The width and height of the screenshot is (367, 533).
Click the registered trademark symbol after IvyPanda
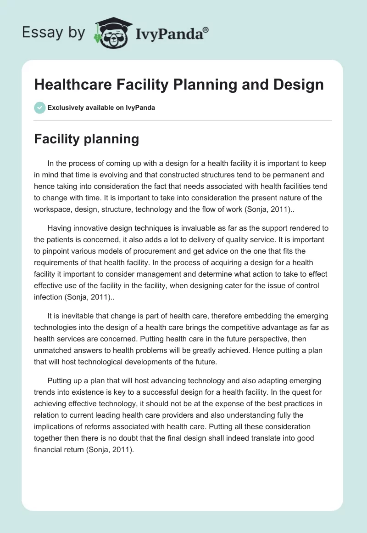pyautogui.click(x=206, y=30)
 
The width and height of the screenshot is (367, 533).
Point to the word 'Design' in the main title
pyautogui.click(x=300, y=85)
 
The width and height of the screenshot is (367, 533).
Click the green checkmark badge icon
pyautogui.click(x=39, y=108)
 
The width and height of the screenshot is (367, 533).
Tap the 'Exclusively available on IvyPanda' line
pyautogui.click(x=101, y=108)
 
